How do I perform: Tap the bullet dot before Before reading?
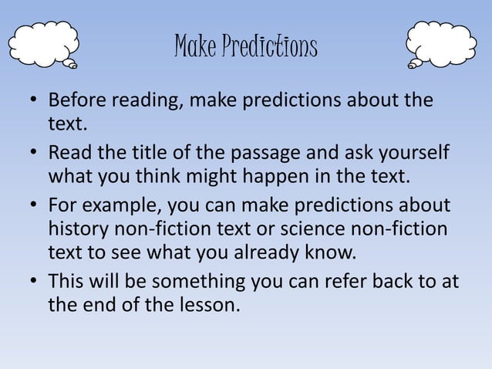pos(34,103)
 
